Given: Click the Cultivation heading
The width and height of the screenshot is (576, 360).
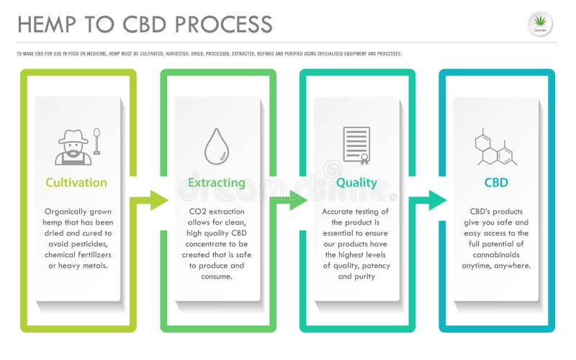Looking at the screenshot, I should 76,183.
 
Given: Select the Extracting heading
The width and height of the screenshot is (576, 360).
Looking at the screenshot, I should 216,183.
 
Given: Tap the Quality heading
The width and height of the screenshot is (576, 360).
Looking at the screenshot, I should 356,183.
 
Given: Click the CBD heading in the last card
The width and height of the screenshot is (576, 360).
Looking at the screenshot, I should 496,183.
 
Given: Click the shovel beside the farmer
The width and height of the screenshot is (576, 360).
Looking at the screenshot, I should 96,143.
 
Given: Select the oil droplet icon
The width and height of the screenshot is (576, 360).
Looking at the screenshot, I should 216,146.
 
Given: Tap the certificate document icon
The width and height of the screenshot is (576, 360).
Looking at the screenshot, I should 356,145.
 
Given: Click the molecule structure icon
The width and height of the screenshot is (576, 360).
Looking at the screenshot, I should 495,147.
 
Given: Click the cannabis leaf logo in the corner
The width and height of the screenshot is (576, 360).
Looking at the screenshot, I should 540,24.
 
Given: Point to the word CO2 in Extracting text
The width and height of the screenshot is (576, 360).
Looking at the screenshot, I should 199,212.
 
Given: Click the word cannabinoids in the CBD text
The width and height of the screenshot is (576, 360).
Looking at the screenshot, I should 496,255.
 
